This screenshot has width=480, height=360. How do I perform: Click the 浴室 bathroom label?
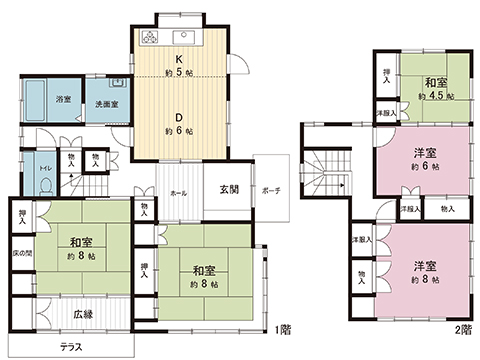coord(63,98)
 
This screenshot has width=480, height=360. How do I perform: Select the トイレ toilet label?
coord(48,168)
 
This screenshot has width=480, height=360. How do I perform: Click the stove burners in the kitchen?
coord(151,38)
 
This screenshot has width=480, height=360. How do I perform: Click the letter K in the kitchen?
coord(177,58)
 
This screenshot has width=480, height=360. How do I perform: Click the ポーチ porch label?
coord(271,191)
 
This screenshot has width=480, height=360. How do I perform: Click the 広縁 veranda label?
coord(83,315)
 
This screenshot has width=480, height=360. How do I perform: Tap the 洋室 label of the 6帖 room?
coord(424,152)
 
